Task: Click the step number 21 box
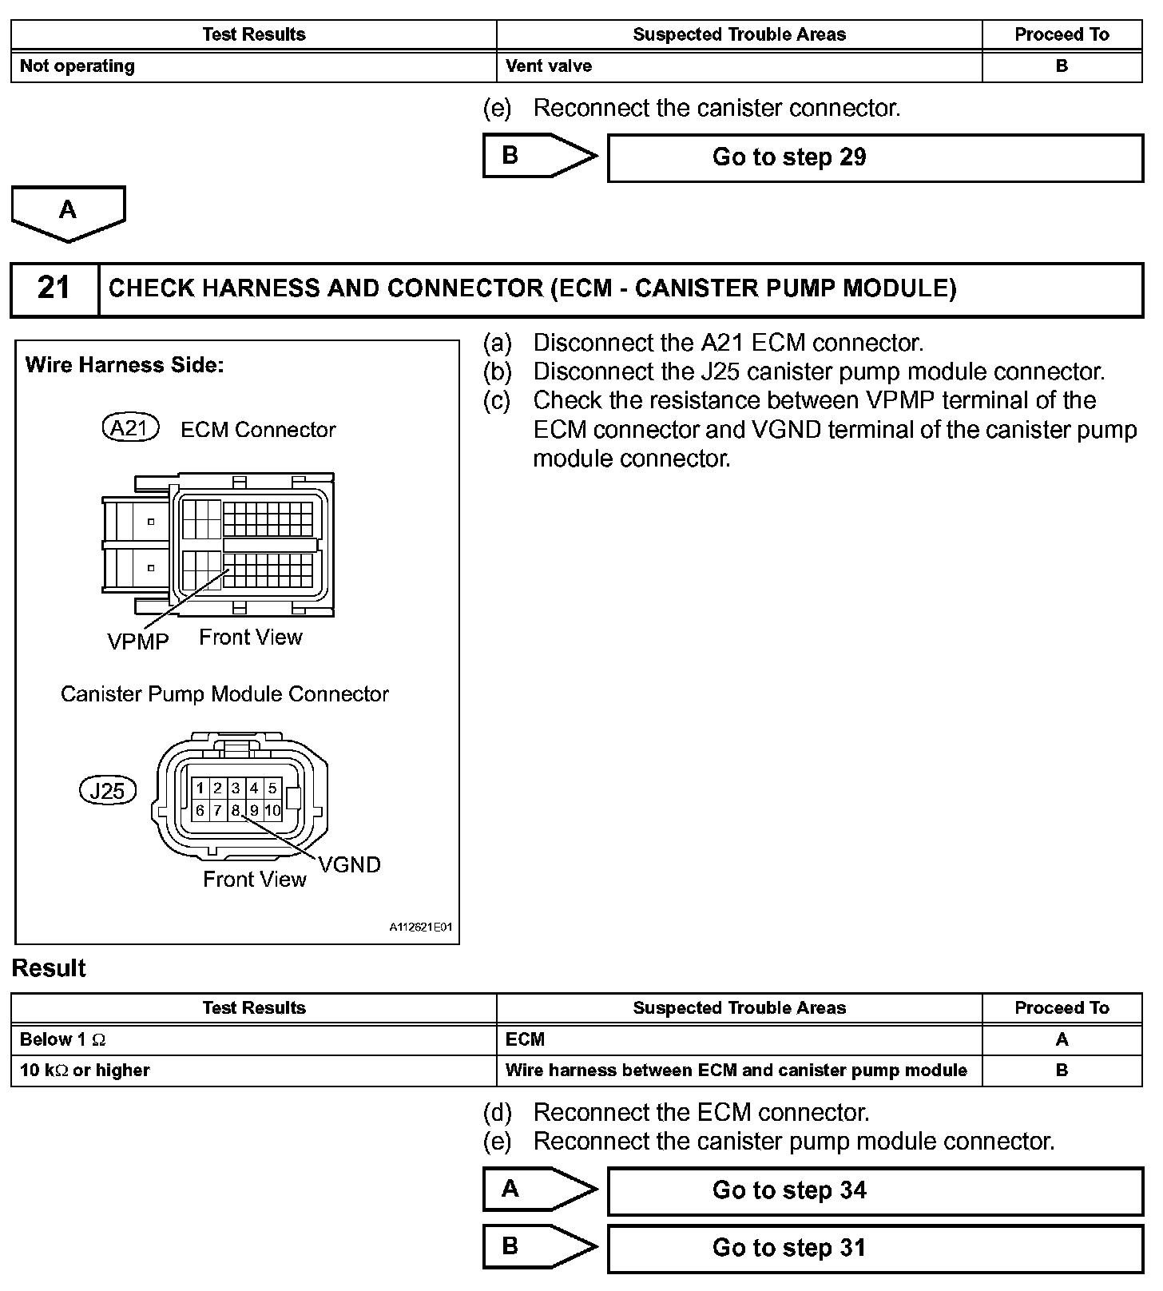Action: [54, 288]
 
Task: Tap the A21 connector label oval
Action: [130, 429]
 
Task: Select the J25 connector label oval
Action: [108, 791]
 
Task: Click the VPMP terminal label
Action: [138, 642]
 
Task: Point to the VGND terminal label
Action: [349, 864]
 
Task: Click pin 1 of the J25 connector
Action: [200, 789]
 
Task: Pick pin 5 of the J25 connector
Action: [272, 789]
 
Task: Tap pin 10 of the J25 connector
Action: [272, 810]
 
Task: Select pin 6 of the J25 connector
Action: [200, 810]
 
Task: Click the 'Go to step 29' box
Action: [875, 157]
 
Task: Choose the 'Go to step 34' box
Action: [875, 1190]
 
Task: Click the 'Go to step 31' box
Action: [875, 1248]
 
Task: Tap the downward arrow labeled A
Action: [69, 213]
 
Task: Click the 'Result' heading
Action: [49, 968]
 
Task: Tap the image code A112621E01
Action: [421, 928]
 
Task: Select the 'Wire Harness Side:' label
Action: [125, 365]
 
